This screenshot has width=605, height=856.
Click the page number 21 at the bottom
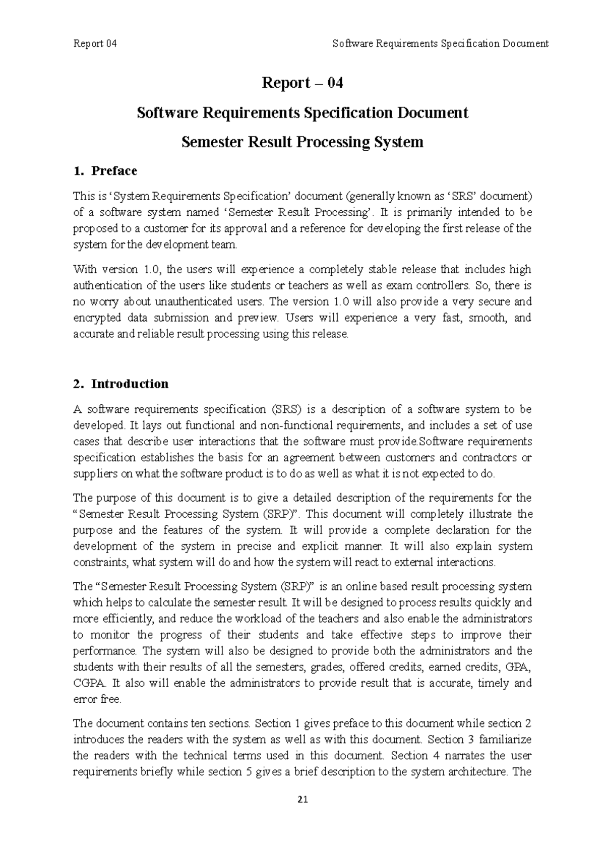pyautogui.click(x=302, y=800)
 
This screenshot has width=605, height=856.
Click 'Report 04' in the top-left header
pyautogui.click(x=95, y=43)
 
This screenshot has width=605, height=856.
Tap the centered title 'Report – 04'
pyautogui.click(x=302, y=83)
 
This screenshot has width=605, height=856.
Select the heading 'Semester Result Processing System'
pyautogui.click(x=302, y=142)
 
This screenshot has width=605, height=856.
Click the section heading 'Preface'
pyautogui.click(x=114, y=171)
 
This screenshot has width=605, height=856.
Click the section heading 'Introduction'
pyautogui.click(x=130, y=384)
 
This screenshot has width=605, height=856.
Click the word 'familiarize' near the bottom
pyautogui.click(x=506, y=740)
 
